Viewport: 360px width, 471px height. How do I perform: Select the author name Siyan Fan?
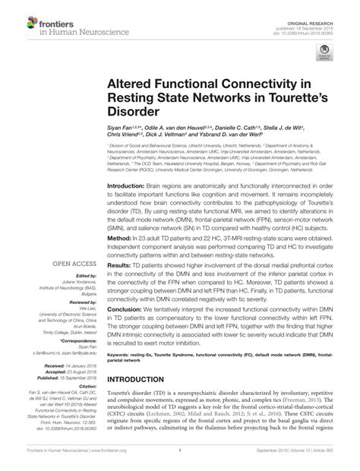click(122, 131)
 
